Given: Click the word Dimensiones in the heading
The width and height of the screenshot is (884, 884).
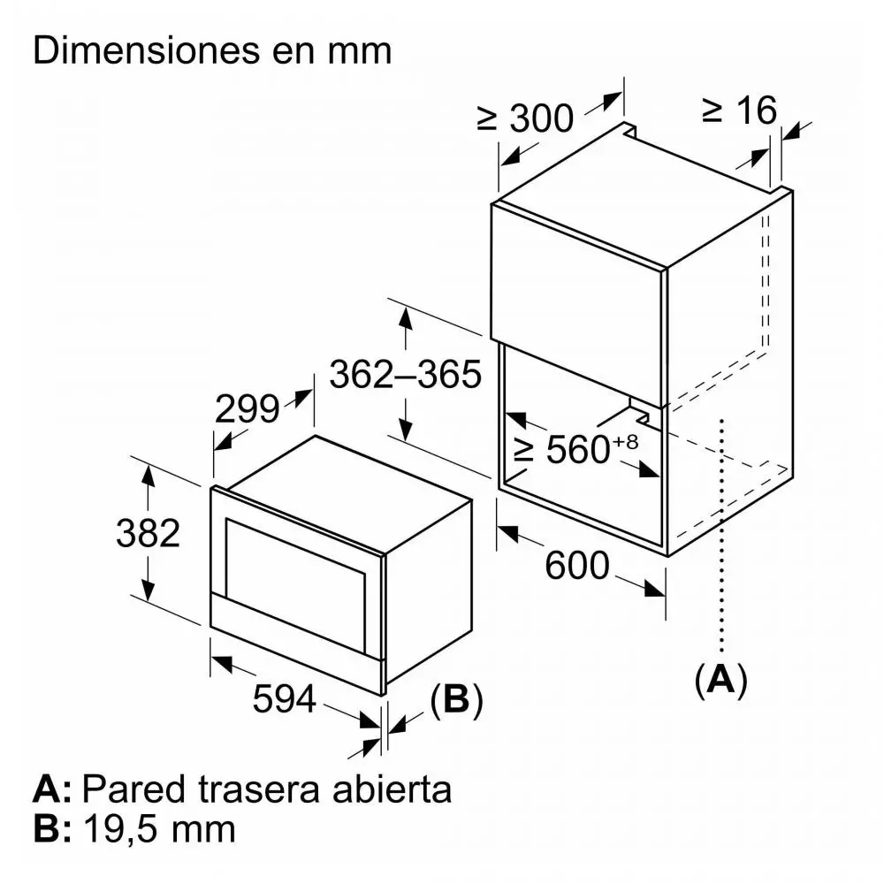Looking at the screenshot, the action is click(147, 50).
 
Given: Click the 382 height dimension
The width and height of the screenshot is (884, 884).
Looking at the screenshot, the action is click(148, 533).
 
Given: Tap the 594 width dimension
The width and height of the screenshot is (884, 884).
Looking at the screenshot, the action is click(284, 699).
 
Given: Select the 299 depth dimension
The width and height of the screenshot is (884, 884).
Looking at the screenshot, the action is click(247, 408).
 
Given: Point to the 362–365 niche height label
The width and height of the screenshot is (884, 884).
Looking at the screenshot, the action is click(406, 374).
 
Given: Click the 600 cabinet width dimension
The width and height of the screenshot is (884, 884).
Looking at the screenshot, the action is click(577, 566).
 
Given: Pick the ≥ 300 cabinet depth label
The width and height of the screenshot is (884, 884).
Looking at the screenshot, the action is click(525, 118).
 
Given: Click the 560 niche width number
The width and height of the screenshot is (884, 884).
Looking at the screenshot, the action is click(578, 449).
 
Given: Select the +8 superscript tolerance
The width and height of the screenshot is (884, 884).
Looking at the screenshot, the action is click(625, 441).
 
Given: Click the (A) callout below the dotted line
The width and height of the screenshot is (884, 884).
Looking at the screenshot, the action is click(721, 681).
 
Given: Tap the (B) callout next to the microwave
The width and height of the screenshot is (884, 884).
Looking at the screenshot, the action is click(456, 700).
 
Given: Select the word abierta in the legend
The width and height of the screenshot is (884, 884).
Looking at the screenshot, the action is click(392, 789).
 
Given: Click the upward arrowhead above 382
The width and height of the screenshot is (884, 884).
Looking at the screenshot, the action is click(148, 476).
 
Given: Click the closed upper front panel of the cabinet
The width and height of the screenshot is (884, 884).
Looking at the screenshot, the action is click(578, 303).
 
